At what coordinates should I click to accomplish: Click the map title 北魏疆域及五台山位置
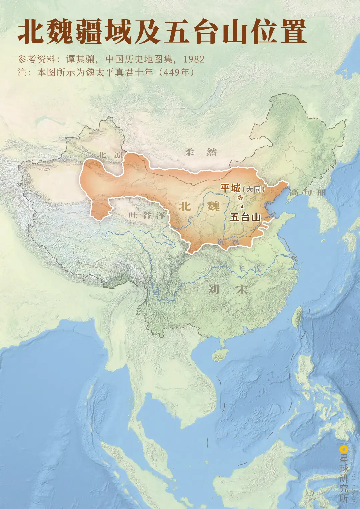162,32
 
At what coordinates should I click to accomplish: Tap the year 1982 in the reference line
194,59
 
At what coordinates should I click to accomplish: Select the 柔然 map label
200,152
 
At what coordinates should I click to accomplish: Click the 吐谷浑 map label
147,215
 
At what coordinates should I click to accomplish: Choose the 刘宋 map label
228,289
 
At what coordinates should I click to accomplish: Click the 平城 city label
230,188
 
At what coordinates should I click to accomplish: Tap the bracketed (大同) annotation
254,189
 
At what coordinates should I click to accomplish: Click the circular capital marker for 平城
240,198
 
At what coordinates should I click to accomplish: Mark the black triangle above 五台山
242,207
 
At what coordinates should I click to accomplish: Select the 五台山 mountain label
245,217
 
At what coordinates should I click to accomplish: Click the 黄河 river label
228,242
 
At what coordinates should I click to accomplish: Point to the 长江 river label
248,268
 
